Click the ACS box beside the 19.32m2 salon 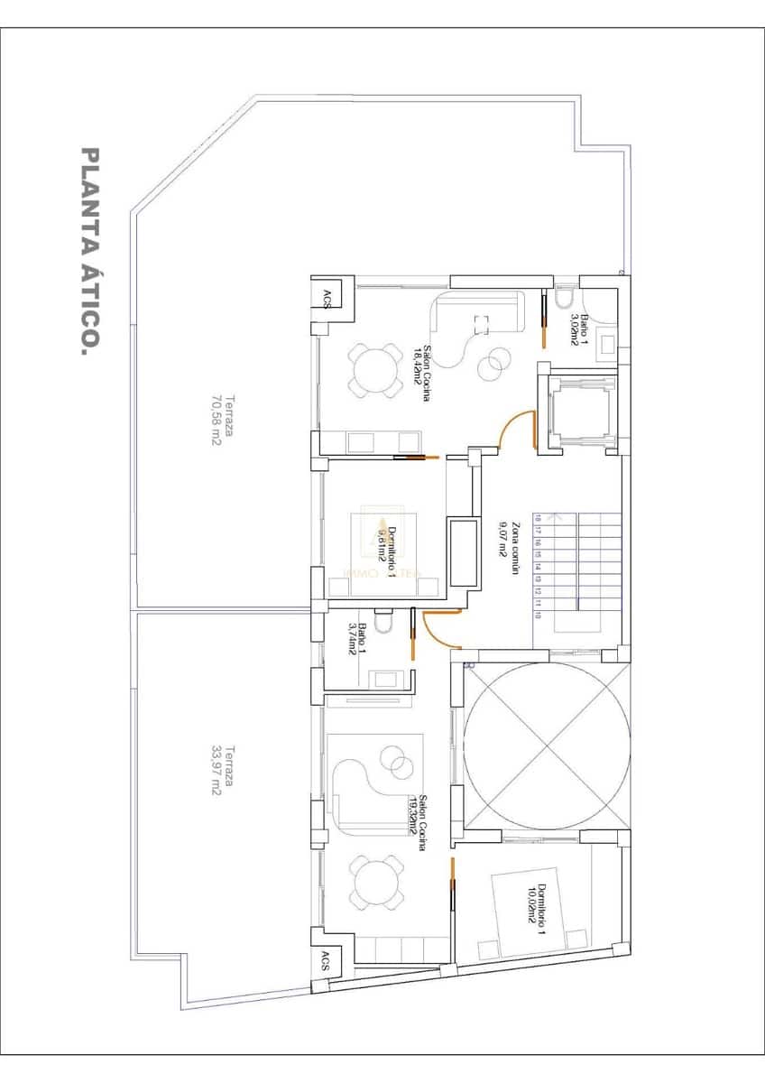(x=324, y=962)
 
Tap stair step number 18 (x=539, y=518)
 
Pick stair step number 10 (x=539, y=616)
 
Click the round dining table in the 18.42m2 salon (x=373, y=370)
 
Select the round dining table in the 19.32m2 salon (x=373, y=884)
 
